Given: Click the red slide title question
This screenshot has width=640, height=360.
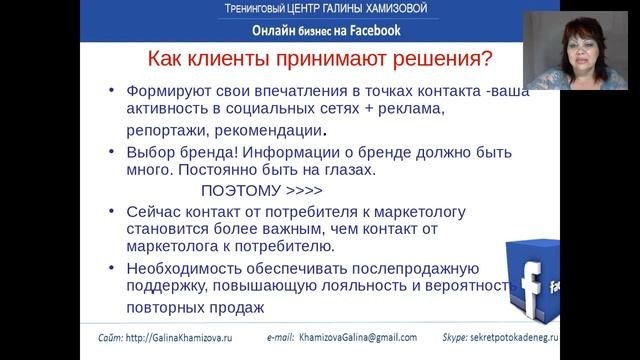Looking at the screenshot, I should [315, 58].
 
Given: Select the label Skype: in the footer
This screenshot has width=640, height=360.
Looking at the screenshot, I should [486, 338].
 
